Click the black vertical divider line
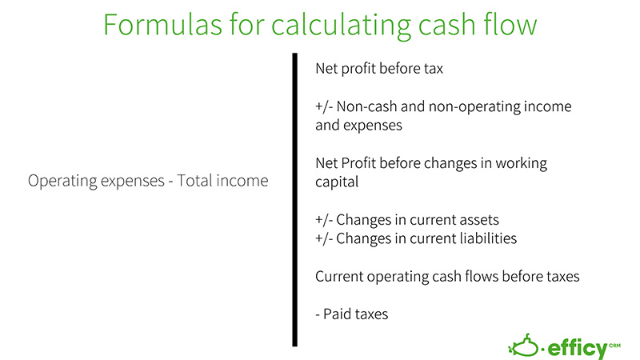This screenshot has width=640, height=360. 294,200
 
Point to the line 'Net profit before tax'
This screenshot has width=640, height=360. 379,70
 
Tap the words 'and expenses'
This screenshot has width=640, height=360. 358,126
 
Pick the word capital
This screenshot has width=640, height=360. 338,182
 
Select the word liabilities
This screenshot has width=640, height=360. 483,238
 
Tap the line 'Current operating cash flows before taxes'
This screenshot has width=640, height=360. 446,277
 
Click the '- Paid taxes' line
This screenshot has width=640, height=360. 351,314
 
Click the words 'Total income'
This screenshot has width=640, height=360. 225,182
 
